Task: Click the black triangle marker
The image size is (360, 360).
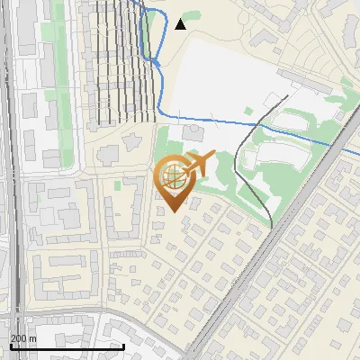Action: [x=181, y=24]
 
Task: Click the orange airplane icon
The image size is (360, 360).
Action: [x=200, y=165]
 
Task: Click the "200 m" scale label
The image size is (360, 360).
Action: [x=23, y=338]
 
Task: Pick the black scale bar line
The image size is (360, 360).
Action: [x=67, y=346]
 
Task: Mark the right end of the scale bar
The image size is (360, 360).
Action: [x=123, y=346]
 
